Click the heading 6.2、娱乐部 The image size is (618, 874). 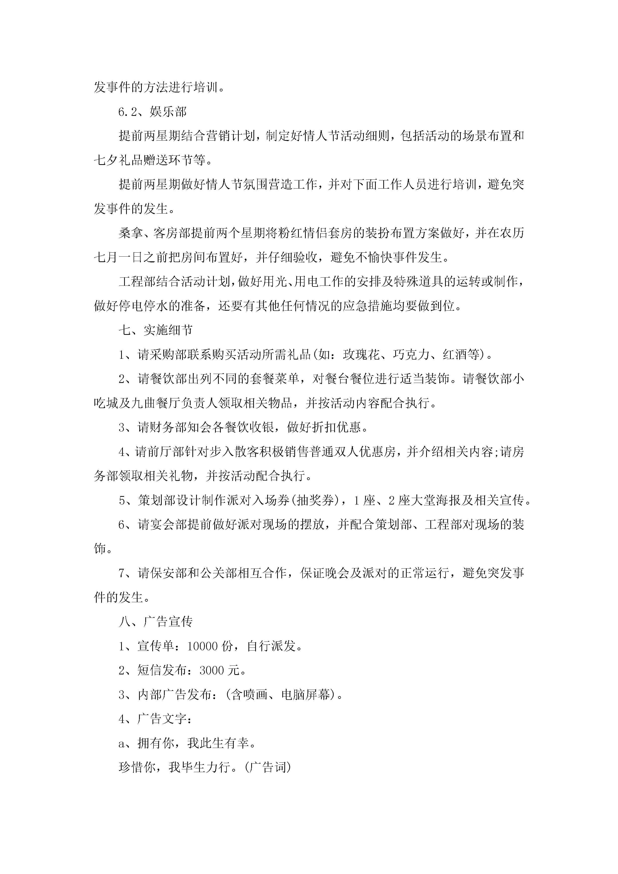152,112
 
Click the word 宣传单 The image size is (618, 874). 156,646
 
